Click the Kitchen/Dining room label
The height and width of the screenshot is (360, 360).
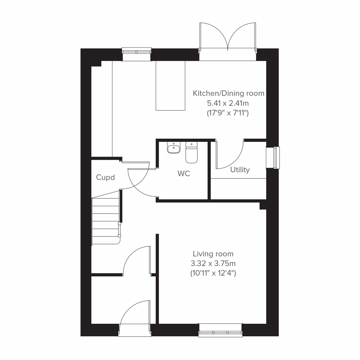(228, 93)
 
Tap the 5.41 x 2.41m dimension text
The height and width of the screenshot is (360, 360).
(228, 103)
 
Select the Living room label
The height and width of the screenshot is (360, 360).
(213, 254)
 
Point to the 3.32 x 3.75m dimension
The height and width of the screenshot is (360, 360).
(213, 264)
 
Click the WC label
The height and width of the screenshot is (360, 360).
(184, 174)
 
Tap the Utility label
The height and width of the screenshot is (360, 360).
(240, 170)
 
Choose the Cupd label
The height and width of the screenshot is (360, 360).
(105, 177)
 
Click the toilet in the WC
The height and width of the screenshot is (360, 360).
(191, 153)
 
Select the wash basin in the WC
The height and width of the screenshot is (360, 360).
(173, 148)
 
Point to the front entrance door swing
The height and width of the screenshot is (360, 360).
(134, 315)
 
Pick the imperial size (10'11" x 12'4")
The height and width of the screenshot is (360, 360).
(213, 273)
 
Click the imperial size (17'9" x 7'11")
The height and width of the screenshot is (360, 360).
(228, 113)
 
